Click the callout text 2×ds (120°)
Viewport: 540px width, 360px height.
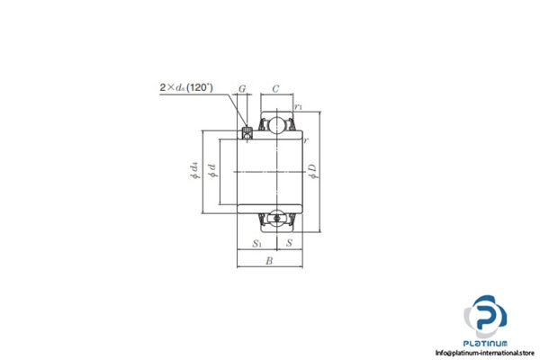(x=184, y=87)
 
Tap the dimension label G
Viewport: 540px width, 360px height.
(x=242, y=88)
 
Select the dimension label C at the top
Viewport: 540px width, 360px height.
(x=276, y=88)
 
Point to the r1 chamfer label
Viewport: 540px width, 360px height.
(x=299, y=107)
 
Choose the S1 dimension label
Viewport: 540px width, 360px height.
(x=256, y=242)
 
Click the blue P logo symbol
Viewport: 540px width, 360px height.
(x=485, y=317)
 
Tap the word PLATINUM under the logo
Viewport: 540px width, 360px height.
(x=485, y=343)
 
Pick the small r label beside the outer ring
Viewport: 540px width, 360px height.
(x=306, y=139)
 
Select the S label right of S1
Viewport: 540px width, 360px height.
(x=288, y=242)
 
